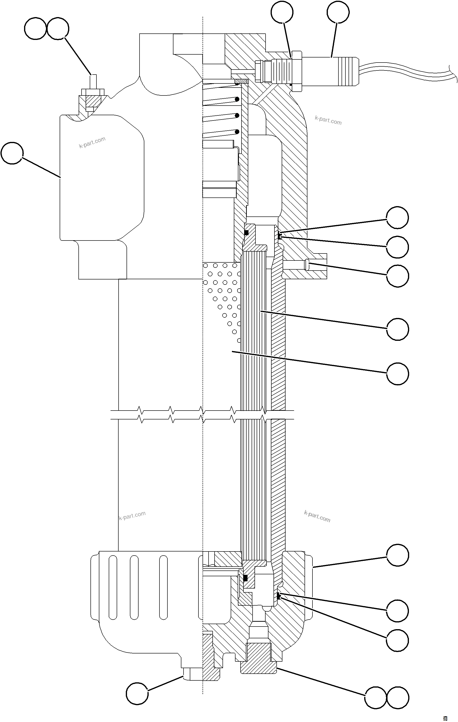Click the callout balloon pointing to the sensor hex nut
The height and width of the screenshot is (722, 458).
coord(282,12)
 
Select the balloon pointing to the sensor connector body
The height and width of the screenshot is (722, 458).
coord(338,12)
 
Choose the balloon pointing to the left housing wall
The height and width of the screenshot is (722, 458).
coord(12,153)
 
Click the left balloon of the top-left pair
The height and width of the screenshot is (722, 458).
coord(35,28)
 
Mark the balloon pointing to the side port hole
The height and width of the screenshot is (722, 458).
coord(397,276)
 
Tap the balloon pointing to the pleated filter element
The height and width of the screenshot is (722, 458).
coord(397,329)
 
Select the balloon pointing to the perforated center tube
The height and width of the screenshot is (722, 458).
coord(397,374)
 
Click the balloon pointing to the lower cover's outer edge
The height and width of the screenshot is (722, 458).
coord(397,555)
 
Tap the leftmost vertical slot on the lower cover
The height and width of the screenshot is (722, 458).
coord(113,587)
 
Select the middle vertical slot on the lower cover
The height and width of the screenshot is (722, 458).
coord(134,587)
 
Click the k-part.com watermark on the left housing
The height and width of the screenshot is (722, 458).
coord(92,142)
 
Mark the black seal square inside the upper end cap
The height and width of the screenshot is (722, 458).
coord(246,232)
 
